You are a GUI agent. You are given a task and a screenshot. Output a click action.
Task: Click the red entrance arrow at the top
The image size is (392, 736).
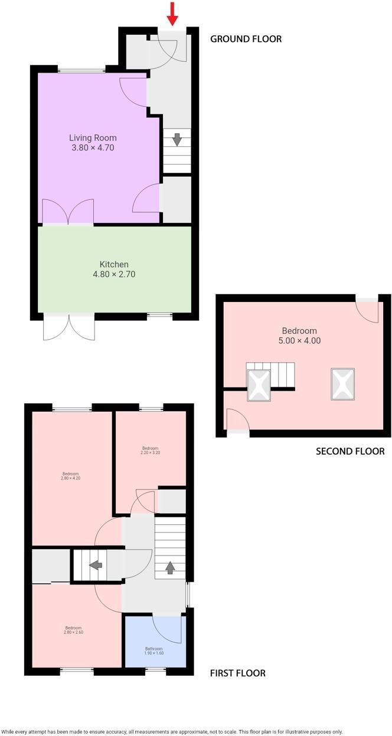(x=172, y=14)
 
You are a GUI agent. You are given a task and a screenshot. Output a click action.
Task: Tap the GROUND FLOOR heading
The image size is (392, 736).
(x=246, y=39)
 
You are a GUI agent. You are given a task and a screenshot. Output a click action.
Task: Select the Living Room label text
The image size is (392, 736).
(x=93, y=138)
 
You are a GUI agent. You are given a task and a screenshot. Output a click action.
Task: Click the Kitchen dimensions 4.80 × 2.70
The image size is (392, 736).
(x=114, y=274)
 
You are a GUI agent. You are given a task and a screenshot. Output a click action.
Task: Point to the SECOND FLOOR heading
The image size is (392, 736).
(x=350, y=451)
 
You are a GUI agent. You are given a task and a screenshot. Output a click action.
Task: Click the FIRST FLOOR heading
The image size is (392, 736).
(x=238, y=673)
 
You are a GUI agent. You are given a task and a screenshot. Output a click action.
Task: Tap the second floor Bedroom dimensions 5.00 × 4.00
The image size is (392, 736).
(x=299, y=341)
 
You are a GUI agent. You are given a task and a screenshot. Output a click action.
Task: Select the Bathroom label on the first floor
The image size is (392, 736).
(x=154, y=649)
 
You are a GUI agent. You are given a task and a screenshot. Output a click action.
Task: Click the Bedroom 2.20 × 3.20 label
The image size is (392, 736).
(x=150, y=450)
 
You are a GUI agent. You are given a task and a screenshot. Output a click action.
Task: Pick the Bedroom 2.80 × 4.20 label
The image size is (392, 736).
(x=71, y=476)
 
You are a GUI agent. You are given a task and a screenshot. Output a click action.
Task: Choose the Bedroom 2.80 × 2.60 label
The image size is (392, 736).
(x=73, y=630)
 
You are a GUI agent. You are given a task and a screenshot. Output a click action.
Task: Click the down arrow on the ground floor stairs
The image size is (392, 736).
(x=177, y=140)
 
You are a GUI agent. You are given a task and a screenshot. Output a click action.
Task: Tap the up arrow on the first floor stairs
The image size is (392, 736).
(x=170, y=567)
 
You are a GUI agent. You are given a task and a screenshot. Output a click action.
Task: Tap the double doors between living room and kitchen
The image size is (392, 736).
(x=68, y=212)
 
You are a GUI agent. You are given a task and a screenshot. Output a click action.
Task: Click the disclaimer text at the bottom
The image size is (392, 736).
(x=172, y=732)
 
